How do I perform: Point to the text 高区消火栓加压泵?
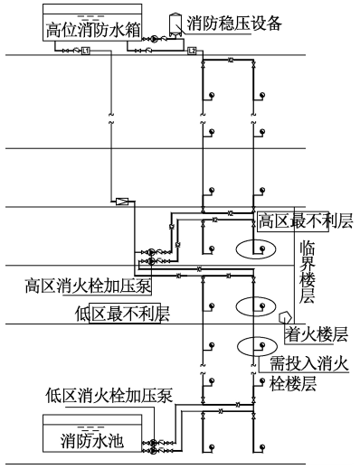click(x=88, y=286)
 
